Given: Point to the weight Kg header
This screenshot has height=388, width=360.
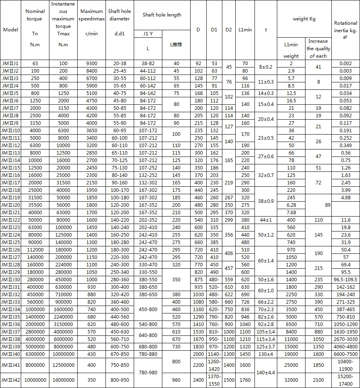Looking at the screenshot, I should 304,19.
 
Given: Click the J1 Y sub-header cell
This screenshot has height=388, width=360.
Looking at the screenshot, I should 147,34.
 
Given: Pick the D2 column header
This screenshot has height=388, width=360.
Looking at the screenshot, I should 229,30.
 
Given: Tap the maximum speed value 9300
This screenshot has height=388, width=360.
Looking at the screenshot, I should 91,63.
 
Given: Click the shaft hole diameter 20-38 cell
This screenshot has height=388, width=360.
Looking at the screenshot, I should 119,63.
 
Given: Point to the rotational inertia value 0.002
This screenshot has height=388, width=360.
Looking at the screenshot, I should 345,63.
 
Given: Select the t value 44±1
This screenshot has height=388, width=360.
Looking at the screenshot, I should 265,220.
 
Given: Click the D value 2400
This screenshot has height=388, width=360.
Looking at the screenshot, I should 198,380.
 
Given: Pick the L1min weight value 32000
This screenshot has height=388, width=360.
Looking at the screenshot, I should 291,380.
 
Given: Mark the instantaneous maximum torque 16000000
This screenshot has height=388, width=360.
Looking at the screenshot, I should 63,380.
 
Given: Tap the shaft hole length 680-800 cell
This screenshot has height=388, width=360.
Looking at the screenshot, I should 147,346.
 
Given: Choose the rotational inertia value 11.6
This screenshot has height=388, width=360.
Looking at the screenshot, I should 345,220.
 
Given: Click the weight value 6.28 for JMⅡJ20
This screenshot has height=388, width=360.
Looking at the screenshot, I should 291,205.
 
